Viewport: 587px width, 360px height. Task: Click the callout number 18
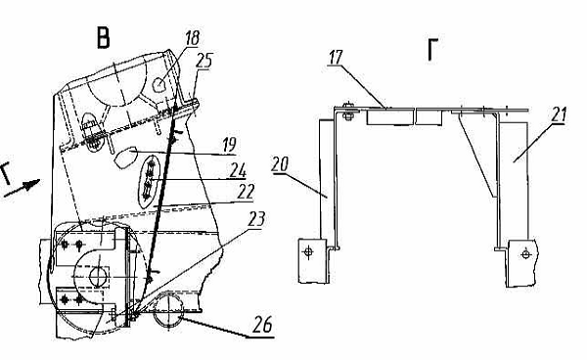(x=193, y=38)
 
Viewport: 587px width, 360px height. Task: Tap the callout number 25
(x=204, y=61)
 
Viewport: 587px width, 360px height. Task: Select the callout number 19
(x=230, y=145)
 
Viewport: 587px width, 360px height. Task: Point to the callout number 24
(x=239, y=170)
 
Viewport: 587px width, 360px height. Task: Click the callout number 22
(x=246, y=192)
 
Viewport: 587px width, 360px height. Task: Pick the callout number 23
(x=256, y=219)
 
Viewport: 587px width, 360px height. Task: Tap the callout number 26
(x=262, y=324)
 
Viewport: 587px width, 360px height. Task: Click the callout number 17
(x=335, y=58)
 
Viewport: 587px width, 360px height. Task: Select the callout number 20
(x=281, y=164)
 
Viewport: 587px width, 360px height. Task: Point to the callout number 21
(x=559, y=114)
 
